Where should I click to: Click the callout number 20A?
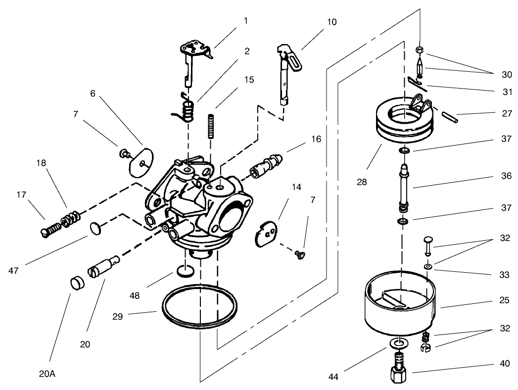tap(48, 374)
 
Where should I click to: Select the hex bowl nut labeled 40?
tap(399, 375)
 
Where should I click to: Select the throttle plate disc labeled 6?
tap(141, 162)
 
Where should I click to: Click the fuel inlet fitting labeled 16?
tap(267, 165)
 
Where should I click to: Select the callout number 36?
tap(505, 176)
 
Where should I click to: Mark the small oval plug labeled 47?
tap(96, 228)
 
